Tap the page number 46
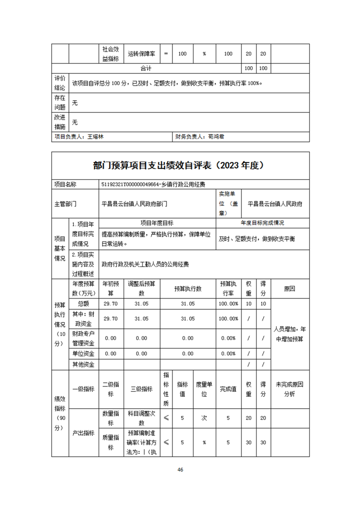pos(180,470)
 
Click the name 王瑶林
pos(95,136)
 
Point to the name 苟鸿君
pos(215,136)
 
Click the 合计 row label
pos(146,69)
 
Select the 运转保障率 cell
pos(142,54)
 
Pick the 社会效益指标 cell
pos(110,54)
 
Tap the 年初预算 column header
pos(110,288)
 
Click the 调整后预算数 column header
pos(142,288)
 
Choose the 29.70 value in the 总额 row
pos(110,304)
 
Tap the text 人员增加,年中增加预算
pos(289,334)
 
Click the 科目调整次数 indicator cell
pos(142,418)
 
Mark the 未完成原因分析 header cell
pos(289,389)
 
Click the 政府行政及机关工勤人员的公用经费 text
pos(145,264)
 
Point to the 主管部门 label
pos(66,204)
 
